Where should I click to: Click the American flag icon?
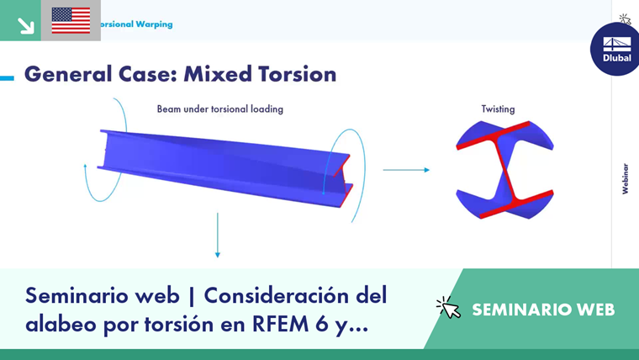71,20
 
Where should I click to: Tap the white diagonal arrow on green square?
26,26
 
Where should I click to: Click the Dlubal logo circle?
615,50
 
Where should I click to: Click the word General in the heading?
68,74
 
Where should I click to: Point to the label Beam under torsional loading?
220,109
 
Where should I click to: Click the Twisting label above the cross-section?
498,109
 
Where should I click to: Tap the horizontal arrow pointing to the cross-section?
406,170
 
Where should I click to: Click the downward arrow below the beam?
218,236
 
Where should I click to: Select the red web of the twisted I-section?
504,170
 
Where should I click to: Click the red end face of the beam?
344,180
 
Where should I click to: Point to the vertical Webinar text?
626,178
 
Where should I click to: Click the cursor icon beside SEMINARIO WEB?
448,307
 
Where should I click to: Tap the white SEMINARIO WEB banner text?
543,310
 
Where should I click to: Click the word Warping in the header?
154,24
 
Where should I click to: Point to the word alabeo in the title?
61,324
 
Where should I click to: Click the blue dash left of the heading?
7,77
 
